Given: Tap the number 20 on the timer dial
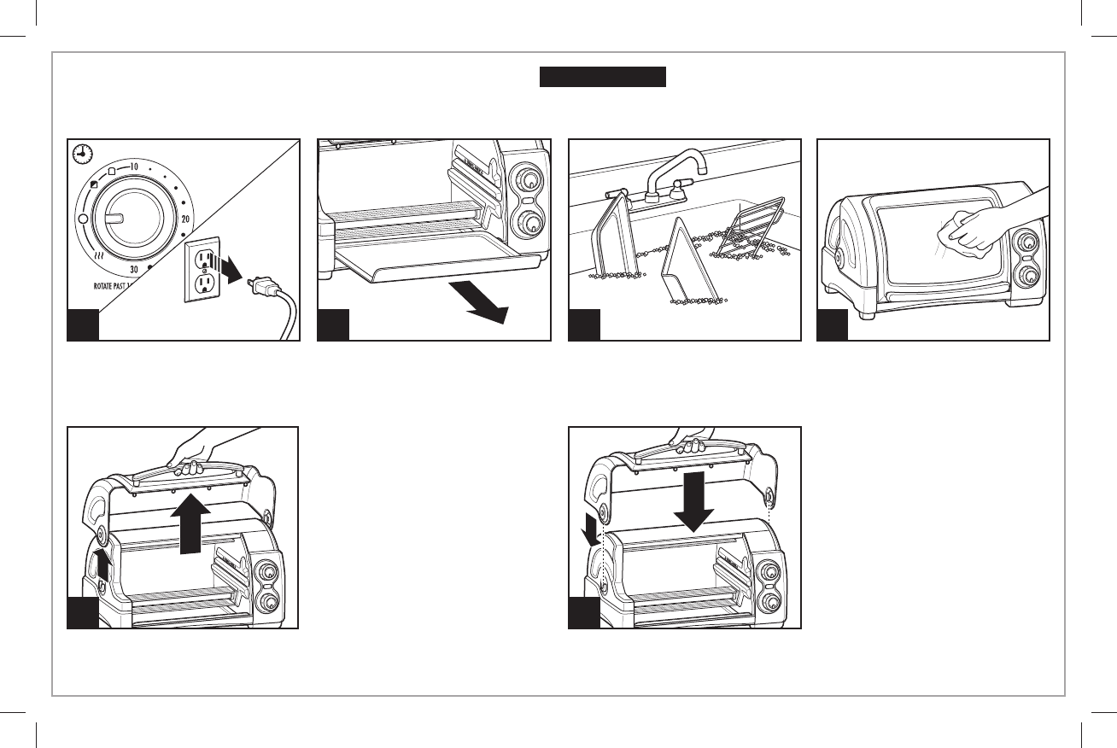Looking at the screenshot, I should coord(184,219).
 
